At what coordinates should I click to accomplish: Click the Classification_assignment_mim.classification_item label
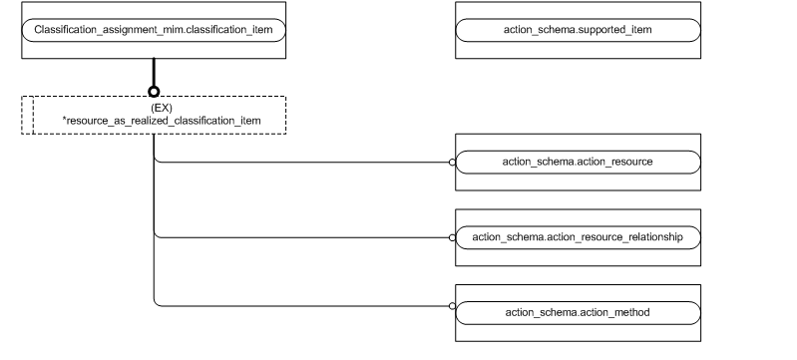coord(154,30)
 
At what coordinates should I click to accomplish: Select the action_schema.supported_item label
coord(578,30)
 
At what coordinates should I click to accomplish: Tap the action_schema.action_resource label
coord(578,161)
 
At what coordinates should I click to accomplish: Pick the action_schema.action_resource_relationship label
coord(578,237)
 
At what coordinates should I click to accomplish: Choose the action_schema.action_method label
coord(578,313)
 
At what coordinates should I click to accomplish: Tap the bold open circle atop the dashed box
coord(154,92)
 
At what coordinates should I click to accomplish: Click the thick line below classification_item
coord(154,72)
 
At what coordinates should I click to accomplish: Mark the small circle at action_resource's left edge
coord(452,161)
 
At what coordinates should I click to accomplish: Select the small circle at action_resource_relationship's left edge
coord(452,237)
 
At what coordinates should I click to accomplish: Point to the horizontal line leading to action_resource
coord(299,161)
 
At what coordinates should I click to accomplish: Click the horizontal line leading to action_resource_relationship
coord(299,237)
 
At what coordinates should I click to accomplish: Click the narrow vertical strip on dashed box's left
coord(28,115)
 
